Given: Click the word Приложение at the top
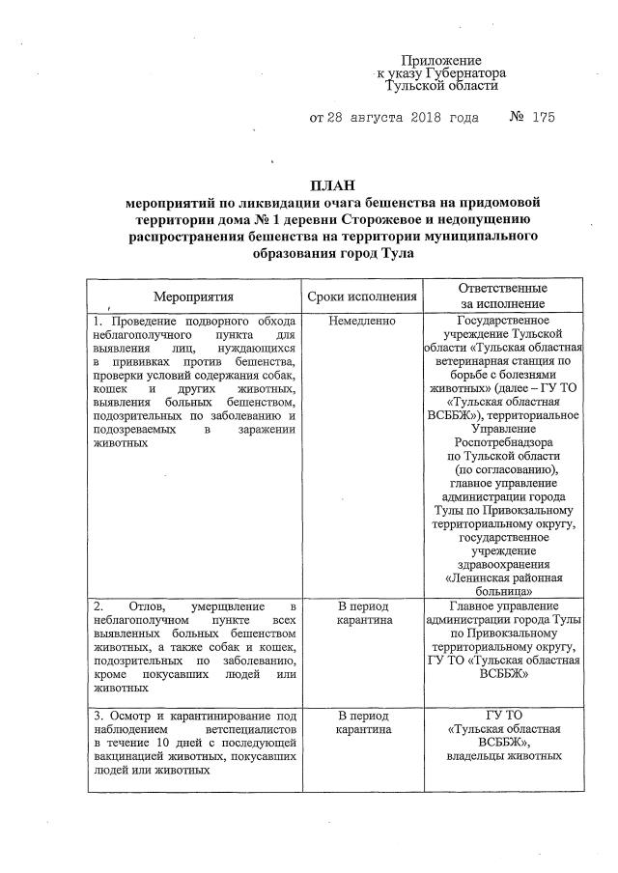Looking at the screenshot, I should click(x=441, y=61).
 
